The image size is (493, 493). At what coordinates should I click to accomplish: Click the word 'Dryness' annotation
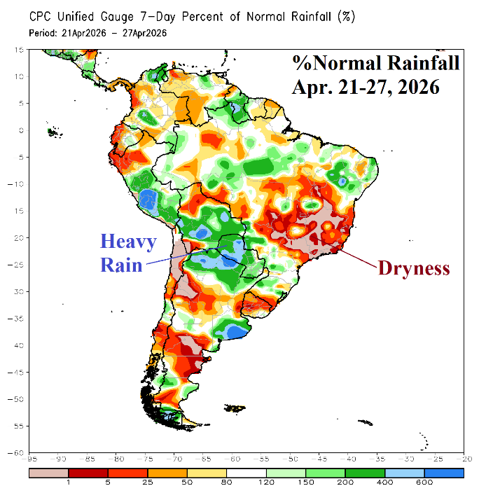pyautogui.click(x=413, y=268)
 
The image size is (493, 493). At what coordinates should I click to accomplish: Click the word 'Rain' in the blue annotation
pyautogui.click(x=121, y=265)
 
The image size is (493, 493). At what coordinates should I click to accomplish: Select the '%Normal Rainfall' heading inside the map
pyautogui.click(x=376, y=64)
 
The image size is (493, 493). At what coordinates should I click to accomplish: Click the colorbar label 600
pyautogui.click(x=425, y=483)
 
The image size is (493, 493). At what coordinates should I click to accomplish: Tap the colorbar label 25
pyautogui.click(x=148, y=483)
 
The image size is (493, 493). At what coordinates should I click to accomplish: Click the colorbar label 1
pyautogui.click(x=69, y=483)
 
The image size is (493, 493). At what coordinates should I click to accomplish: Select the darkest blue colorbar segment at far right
pyautogui.click(x=444, y=473)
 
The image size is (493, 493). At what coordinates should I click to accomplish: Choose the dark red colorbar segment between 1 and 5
pyautogui.click(x=88, y=473)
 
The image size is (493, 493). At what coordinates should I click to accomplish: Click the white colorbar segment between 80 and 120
pyautogui.click(x=246, y=473)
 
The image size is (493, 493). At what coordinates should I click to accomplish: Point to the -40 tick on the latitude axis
pyautogui.click(x=20, y=345)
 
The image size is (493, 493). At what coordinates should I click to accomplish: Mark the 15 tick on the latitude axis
pyautogui.click(x=20, y=50)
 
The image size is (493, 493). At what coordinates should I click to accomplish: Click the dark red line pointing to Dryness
pyautogui.click(x=358, y=257)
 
